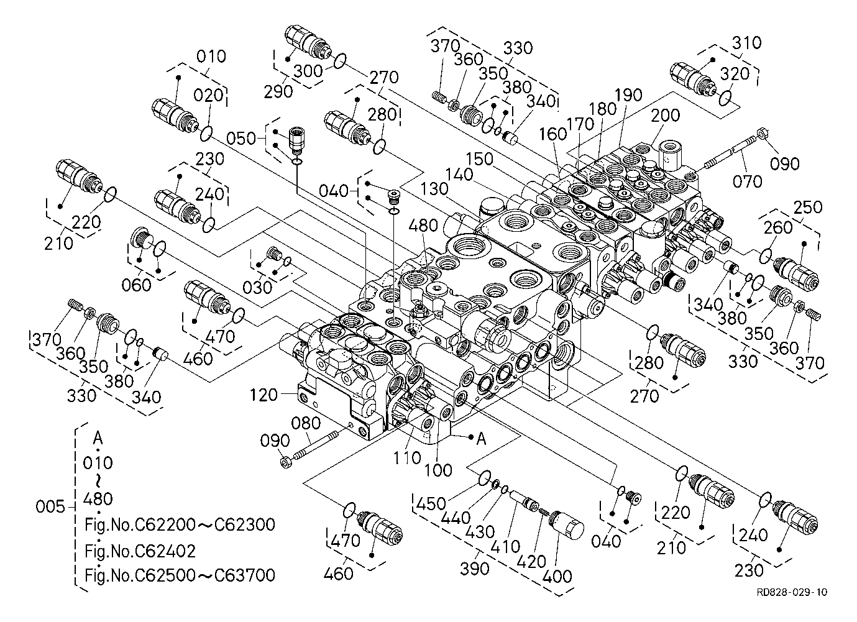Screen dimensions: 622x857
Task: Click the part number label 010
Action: pyautogui.click(x=211, y=57)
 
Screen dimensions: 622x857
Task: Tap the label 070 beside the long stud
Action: pyautogui.click(x=747, y=181)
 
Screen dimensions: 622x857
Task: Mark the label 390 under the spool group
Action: pyautogui.click(x=475, y=567)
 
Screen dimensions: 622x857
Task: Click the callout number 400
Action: pyautogui.click(x=557, y=576)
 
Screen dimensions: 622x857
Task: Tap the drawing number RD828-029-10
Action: pyautogui.click(x=792, y=592)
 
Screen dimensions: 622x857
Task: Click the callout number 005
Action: pyautogui.click(x=50, y=506)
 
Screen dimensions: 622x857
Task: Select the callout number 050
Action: pyautogui.click(x=242, y=137)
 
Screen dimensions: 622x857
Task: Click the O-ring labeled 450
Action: pyautogui.click(x=485, y=477)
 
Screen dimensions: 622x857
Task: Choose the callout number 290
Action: pyautogui.click(x=277, y=91)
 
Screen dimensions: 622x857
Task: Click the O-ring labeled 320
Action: pyautogui.click(x=723, y=98)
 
